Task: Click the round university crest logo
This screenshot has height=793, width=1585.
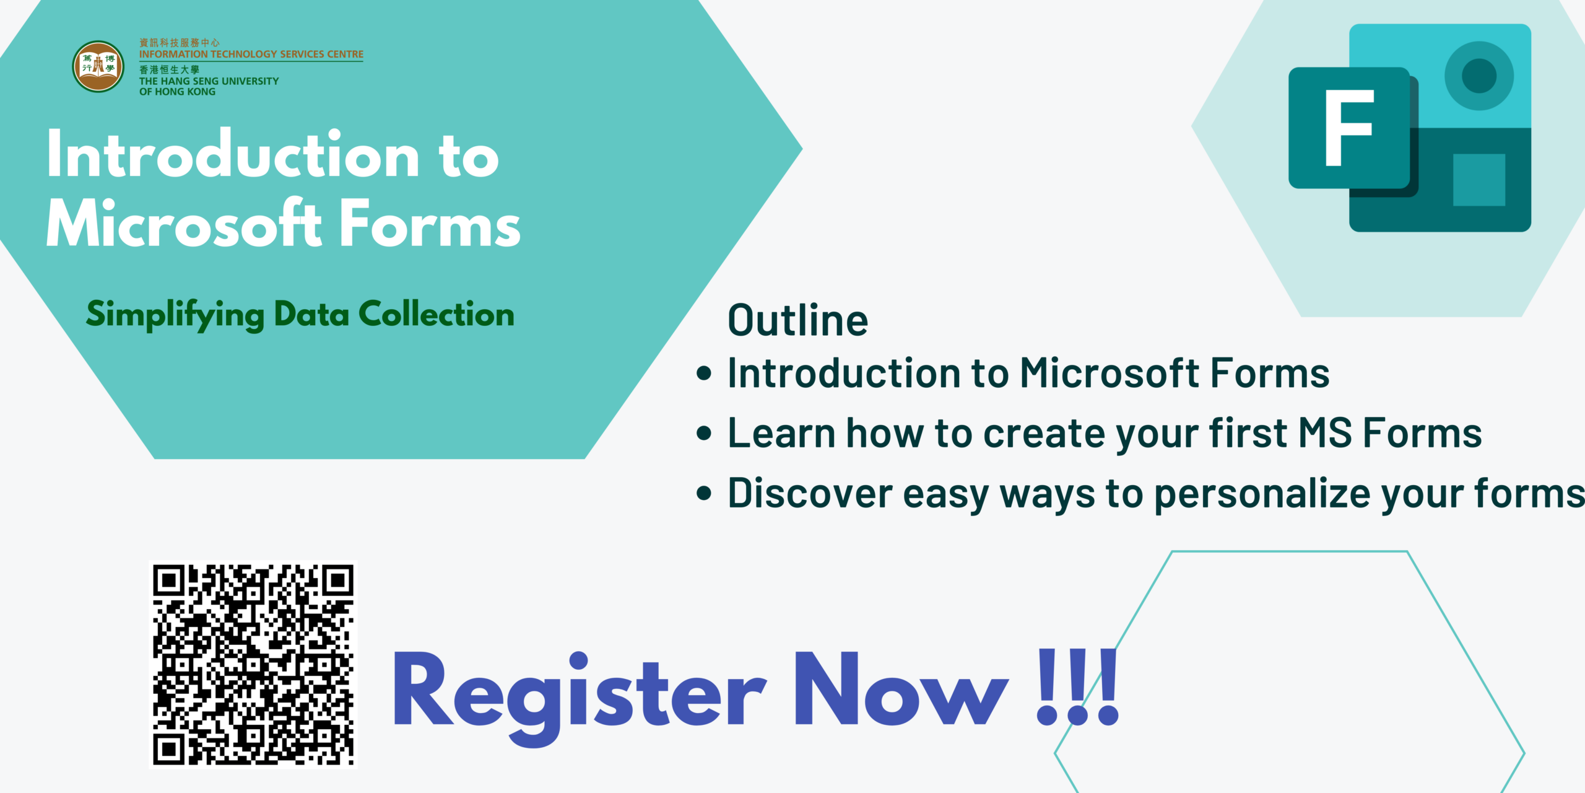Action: tap(98, 67)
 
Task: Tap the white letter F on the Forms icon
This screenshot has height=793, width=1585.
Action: tap(1349, 128)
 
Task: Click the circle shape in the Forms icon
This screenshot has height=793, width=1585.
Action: tap(1479, 76)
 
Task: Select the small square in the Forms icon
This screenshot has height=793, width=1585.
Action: tap(1479, 180)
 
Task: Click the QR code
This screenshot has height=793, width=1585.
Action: tap(253, 665)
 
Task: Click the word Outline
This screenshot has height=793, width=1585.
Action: tap(798, 320)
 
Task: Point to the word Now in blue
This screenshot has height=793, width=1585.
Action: tap(901, 689)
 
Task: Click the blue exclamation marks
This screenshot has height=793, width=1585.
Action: tap(1078, 687)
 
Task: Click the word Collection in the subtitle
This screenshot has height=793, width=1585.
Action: tap(436, 314)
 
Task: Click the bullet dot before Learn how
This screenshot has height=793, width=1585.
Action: tap(704, 432)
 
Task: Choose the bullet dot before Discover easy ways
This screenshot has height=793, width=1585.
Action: tap(704, 493)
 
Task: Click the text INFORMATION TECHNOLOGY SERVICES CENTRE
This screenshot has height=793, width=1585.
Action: tap(251, 55)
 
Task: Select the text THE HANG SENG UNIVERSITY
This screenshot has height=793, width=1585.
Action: tap(209, 81)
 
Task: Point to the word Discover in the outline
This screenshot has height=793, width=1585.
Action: tap(810, 493)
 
